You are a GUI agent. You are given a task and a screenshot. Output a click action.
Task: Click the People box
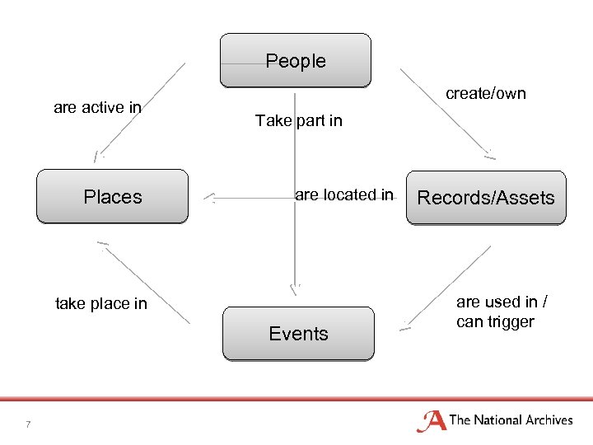(295, 60)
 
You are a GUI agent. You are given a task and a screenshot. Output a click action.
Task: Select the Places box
(112, 197)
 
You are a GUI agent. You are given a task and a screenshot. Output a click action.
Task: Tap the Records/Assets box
(486, 198)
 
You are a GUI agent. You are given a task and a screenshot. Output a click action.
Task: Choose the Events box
(298, 334)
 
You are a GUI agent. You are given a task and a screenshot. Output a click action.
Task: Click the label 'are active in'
(97, 107)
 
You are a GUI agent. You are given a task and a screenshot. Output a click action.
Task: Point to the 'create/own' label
(485, 93)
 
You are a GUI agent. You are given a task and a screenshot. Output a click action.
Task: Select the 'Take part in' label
(298, 121)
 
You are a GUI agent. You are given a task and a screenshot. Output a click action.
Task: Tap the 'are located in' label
(344, 195)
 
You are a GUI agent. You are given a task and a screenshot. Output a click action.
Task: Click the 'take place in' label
(100, 303)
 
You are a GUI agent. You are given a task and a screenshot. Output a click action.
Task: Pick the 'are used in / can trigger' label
(495, 311)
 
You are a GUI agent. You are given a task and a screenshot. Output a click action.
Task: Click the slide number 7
(28, 424)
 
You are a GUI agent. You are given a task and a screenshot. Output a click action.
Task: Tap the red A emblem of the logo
(432, 421)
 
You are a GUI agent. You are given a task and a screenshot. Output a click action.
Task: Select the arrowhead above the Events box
(295, 288)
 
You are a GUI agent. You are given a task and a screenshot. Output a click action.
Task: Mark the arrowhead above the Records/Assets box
(489, 153)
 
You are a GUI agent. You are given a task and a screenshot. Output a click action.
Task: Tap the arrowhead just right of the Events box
(404, 327)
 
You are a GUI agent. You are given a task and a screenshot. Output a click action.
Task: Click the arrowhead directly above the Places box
(98, 155)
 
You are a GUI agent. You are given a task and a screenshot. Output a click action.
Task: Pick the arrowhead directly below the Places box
(102, 244)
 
